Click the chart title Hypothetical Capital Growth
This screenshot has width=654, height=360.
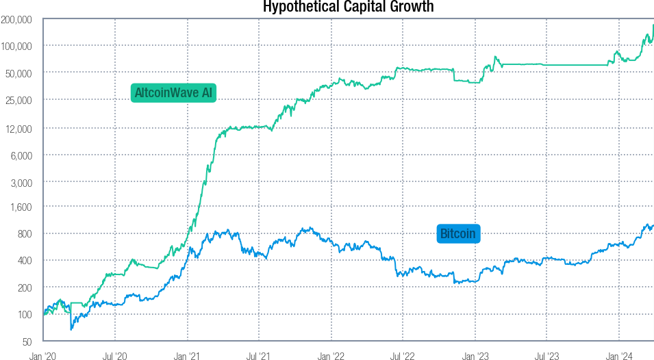[349, 7]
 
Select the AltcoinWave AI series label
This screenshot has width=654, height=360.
[173, 92]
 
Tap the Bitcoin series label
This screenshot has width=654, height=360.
[458, 234]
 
